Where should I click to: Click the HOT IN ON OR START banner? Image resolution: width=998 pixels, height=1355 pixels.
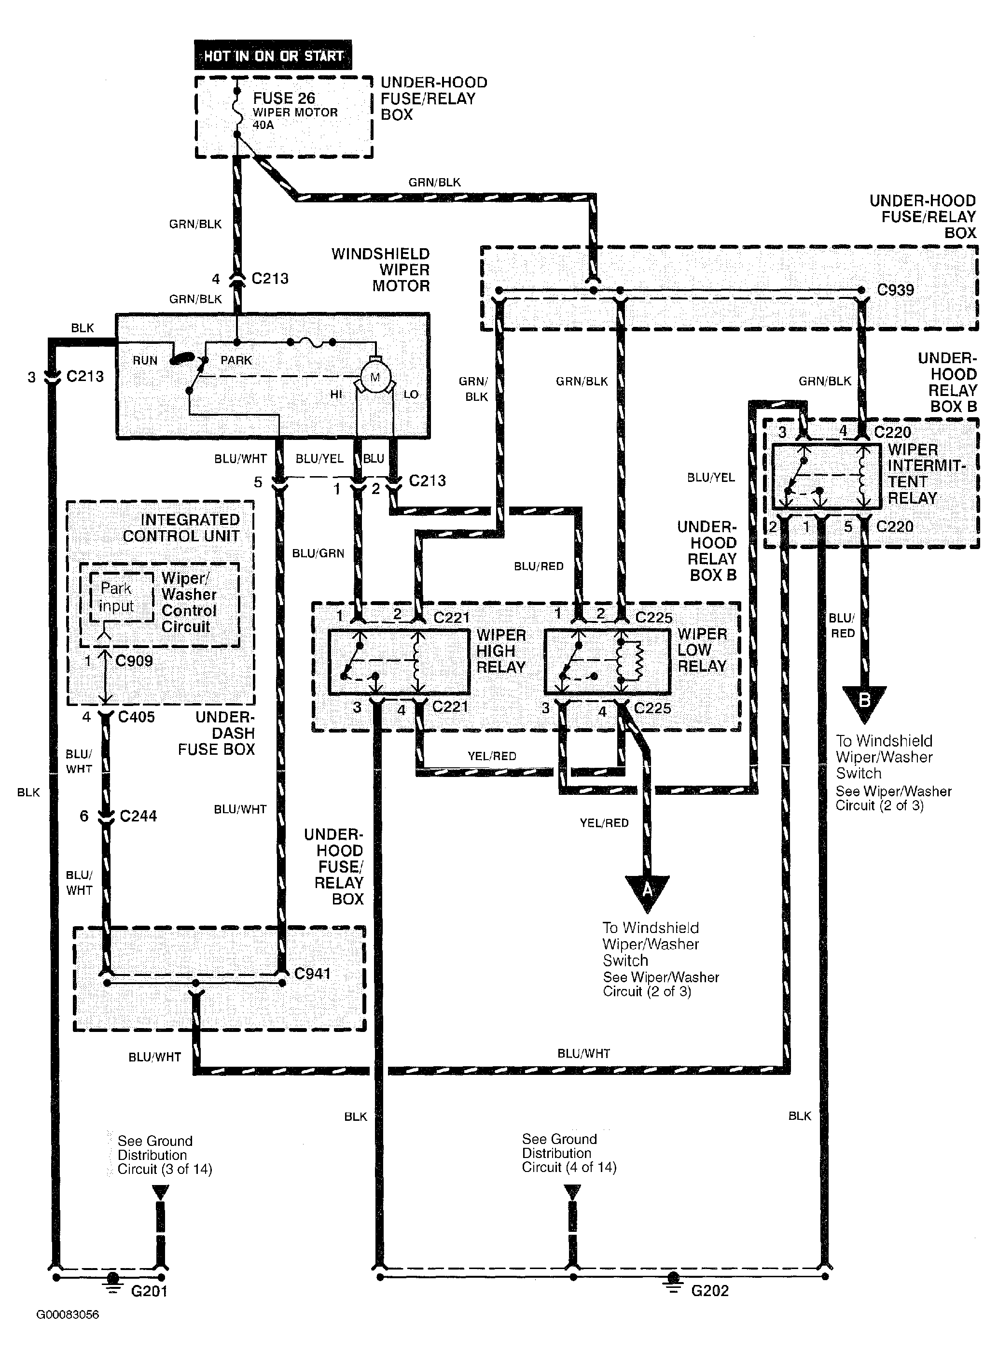point(273,56)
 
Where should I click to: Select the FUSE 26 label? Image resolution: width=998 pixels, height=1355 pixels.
point(284,98)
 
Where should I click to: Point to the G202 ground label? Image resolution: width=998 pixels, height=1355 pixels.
point(710,1291)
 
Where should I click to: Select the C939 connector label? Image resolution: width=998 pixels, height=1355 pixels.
point(895,290)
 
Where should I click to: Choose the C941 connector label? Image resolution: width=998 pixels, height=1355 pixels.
point(312,973)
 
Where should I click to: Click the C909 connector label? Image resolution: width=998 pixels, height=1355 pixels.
point(134,661)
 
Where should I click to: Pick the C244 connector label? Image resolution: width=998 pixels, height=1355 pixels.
point(139,816)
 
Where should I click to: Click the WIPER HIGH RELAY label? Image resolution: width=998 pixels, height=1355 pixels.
point(501,651)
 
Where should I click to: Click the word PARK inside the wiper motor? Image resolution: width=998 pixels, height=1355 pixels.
point(236,360)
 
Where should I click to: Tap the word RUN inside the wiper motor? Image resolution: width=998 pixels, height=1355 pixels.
point(145,360)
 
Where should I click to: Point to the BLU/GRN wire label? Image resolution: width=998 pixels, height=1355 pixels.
point(319,553)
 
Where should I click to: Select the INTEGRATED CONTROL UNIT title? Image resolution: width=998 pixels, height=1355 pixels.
point(181,528)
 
